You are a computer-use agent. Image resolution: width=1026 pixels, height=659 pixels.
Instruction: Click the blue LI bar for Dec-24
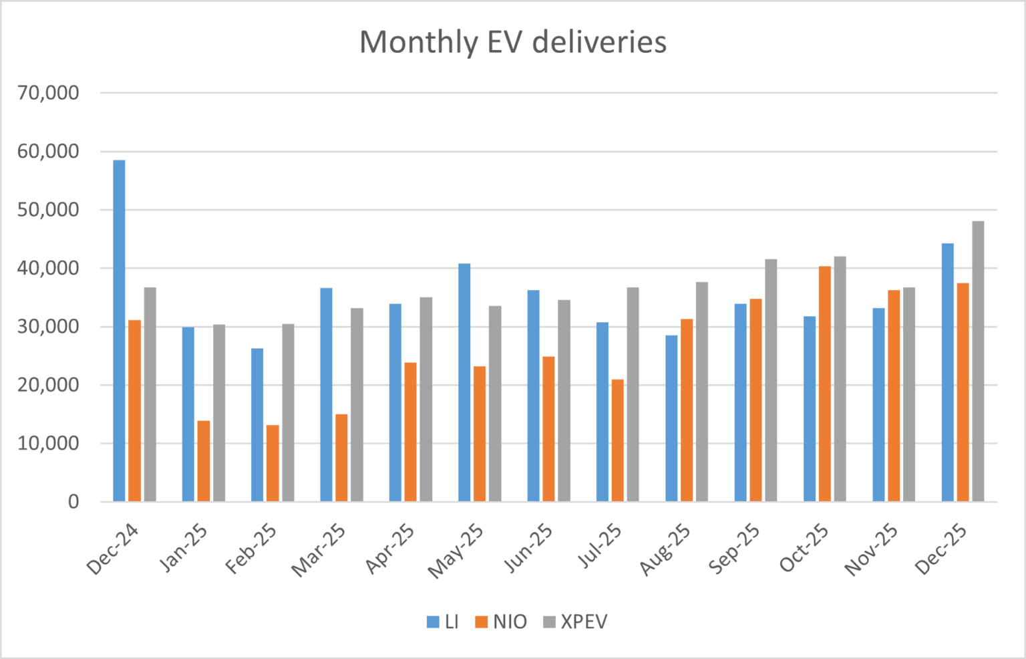click(119, 331)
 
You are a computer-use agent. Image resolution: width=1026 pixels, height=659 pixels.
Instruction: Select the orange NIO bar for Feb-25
click(273, 463)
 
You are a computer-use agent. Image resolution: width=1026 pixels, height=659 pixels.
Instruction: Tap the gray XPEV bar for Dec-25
click(978, 361)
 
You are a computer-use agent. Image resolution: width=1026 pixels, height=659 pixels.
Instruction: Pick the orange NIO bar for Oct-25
click(825, 384)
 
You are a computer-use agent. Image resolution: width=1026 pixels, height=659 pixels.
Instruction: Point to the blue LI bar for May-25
click(464, 382)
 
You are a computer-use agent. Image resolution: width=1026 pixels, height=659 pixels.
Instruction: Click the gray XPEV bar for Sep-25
click(771, 380)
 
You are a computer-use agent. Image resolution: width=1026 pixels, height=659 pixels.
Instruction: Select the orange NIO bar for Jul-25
click(618, 440)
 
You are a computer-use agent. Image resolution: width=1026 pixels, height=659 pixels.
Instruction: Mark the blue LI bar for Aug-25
click(671, 418)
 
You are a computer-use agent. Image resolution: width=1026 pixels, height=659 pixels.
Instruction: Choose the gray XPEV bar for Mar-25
click(357, 404)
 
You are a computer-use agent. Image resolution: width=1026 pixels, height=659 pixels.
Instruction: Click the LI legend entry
click(443, 622)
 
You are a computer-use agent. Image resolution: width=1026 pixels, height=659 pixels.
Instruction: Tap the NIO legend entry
click(501, 622)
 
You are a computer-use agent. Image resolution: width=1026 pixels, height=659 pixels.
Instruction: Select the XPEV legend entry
click(575, 622)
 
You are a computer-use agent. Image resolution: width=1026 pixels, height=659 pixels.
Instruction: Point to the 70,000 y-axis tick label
click(48, 93)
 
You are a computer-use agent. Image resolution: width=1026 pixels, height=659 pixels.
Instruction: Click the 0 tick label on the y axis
click(73, 502)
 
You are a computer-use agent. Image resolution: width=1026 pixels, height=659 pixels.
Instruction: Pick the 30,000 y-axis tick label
click(48, 327)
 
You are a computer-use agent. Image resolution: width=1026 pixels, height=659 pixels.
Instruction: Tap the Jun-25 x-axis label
click(528, 549)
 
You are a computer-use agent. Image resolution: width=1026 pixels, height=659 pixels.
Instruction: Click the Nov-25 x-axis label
click(872, 550)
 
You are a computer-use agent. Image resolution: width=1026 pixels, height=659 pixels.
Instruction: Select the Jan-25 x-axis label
click(184, 549)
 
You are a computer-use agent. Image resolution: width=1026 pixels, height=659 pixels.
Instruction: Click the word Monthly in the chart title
click(419, 42)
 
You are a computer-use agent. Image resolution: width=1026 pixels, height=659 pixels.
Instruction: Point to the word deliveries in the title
click(599, 42)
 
